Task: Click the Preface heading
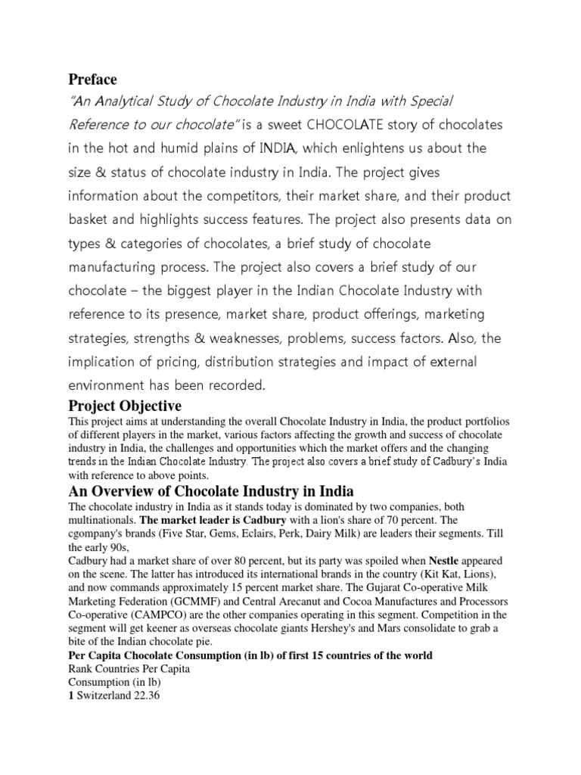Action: (x=93, y=79)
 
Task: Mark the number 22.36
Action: (x=153, y=691)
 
